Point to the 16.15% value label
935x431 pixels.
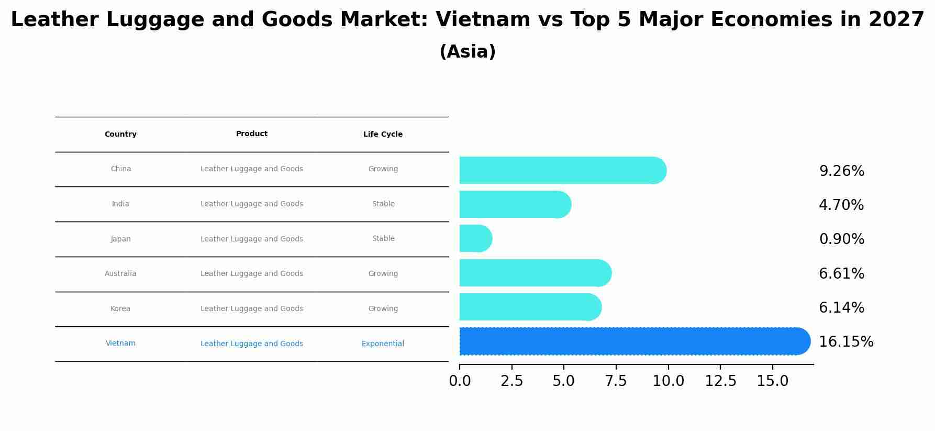845,342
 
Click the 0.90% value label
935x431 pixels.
841,239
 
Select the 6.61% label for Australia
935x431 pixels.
841,274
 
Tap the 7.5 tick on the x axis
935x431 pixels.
616,382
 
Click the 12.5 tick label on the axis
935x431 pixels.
720,382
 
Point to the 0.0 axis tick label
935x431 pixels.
460,382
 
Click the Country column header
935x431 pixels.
120,135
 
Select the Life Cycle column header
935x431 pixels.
383,135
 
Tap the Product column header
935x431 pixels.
251,134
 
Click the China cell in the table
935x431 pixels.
120,169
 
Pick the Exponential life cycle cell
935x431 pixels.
383,344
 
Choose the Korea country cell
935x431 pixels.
120,309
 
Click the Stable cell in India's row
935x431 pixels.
383,204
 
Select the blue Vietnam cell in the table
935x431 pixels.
120,344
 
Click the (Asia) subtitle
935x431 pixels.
467,52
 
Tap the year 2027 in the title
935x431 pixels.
896,20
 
